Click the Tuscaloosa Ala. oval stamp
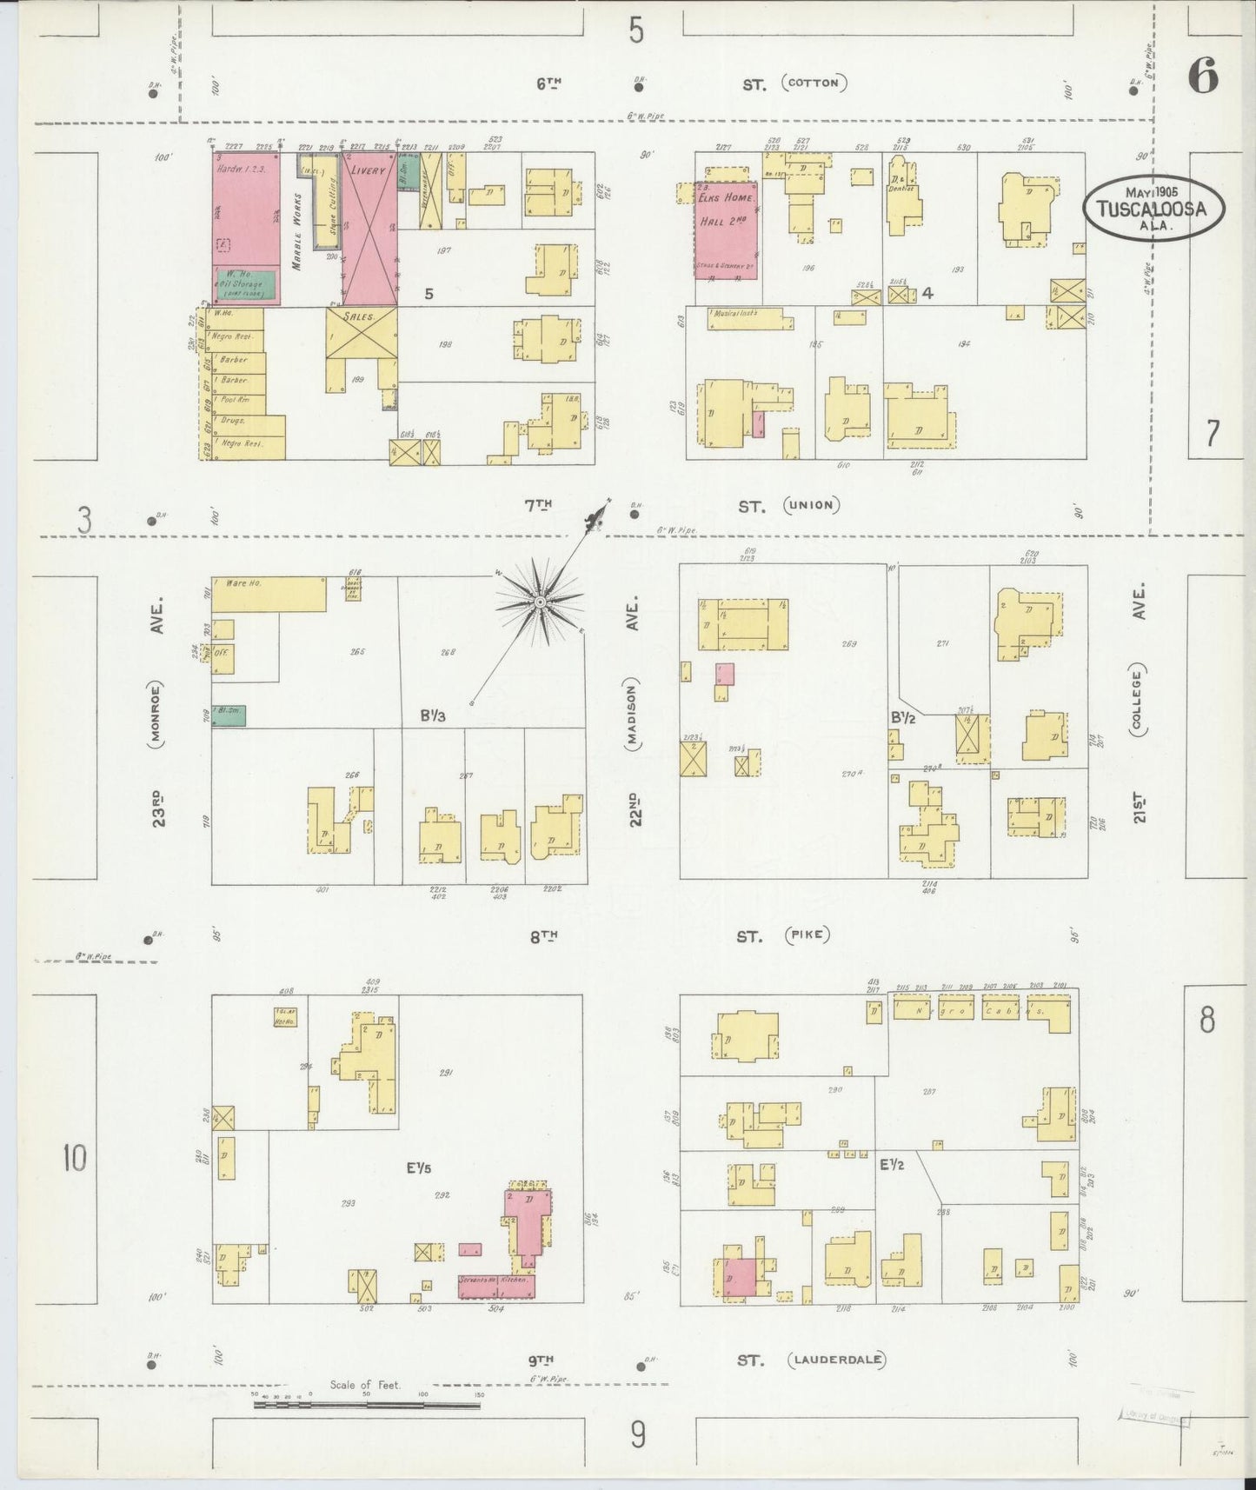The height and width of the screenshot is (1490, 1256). [1153, 208]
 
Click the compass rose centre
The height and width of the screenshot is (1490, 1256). [540, 602]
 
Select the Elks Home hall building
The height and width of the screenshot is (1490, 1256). [726, 229]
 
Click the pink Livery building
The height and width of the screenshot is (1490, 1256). [369, 230]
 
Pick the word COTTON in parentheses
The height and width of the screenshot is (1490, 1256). [814, 83]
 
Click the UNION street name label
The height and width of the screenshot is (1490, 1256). [810, 504]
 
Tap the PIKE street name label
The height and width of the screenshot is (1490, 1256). [807, 935]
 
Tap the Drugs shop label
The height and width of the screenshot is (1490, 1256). [233, 421]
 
